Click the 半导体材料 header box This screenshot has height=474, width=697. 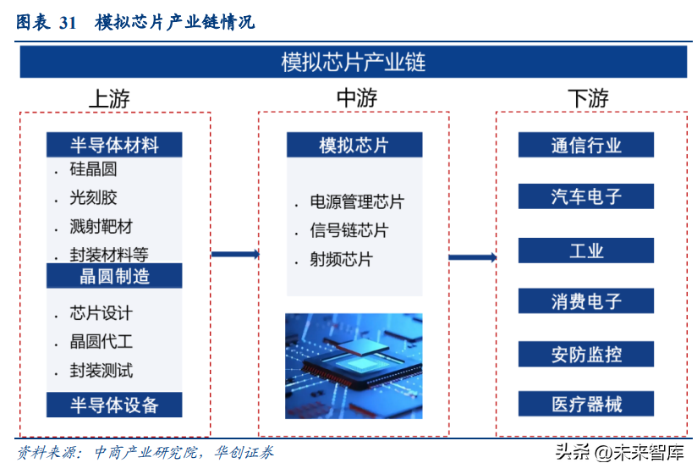pyautogui.click(x=114, y=145)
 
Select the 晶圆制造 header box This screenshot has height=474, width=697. pyautogui.click(x=114, y=276)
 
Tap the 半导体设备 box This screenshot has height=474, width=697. pyautogui.click(x=114, y=405)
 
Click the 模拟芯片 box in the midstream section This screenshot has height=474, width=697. pyautogui.click(x=354, y=145)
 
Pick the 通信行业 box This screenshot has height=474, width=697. pyautogui.click(x=586, y=145)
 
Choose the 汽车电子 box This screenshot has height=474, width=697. pyautogui.click(x=586, y=196)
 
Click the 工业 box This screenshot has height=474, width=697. pyautogui.click(x=586, y=251)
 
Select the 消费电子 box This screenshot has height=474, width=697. pyautogui.click(x=586, y=301)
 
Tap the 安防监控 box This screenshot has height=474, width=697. pyautogui.click(x=586, y=354)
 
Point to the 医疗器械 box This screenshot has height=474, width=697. pyautogui.click(x=586, y=404)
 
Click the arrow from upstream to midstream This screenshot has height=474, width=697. pyautogui.click(x=235, y=254)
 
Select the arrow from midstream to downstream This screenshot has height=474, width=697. pyautogui.click(x=473, y=257)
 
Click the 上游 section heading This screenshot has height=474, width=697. pyautogui.click(x=109, y=98)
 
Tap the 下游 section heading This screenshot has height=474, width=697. pyautogui.click(x=588, y=98)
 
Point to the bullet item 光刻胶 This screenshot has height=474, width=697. pyautogui.click(x=93, y=198)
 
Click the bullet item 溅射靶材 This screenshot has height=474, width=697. pyautogui.click(x=101, y=227)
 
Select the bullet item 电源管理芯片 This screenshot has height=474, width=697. pyautogui.click(x=357, y=201)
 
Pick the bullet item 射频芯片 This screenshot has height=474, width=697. pyautogui.click(x=341, y=259)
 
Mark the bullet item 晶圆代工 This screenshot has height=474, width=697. pyautogui.click(x=101, y=341)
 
